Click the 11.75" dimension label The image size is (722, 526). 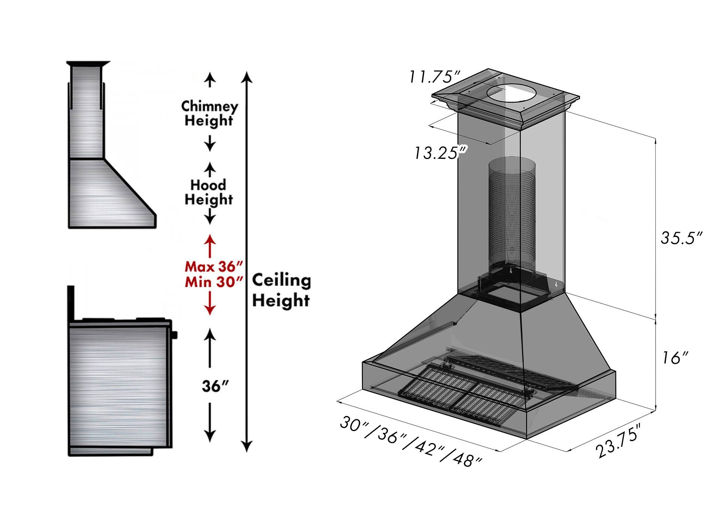pyautogui.click(x=434, y=77)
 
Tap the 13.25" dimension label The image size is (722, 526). pyautogui.click(x=440, y=153)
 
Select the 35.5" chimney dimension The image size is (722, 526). pyautogui.click(x=681, y=238)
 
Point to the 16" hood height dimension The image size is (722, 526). pyautogui.click(x=675, y=358)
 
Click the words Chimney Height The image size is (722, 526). pyautogui.click(x=209, y=113)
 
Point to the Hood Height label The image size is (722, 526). pyautogui.click(x=209, y=192)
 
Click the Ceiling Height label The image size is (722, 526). pyautogui.click(x=281, y=291)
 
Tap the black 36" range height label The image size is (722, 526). pyautogui.click(x=215, y=386)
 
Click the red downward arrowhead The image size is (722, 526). pyautogui.click(x=210, y=310)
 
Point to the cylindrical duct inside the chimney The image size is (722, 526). pyautogui.click(x=512, y=214)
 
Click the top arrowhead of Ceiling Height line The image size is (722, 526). pyautogui.click(x=246, y=77)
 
